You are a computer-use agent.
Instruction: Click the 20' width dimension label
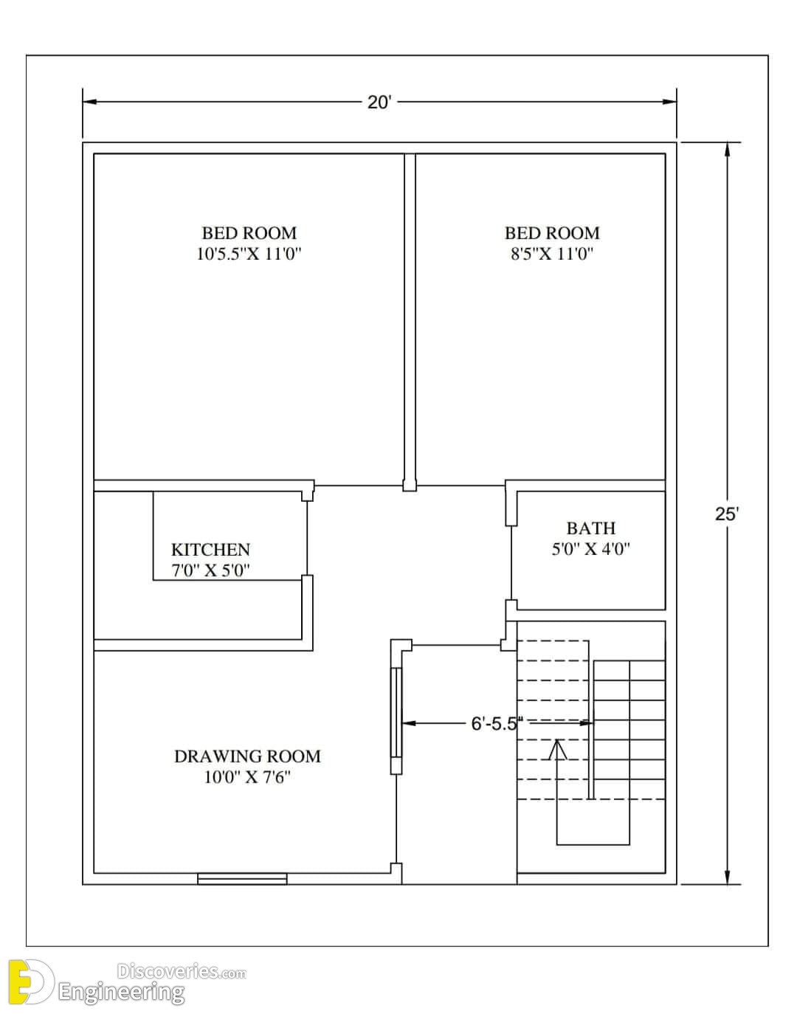[379, 103]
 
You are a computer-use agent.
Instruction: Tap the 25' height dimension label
[727, 514]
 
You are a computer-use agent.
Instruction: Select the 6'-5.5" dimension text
[497, 724]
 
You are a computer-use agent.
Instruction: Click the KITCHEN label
[210, 550]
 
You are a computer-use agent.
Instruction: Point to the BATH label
[591, 528]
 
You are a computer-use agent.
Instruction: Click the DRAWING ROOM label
[247, 756]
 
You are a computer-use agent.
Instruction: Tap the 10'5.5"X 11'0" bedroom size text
[249, 254]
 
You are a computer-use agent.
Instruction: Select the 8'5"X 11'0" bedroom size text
[551, 254]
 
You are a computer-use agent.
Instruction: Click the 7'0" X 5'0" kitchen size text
[210, 570]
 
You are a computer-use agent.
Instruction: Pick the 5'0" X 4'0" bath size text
[591, 549]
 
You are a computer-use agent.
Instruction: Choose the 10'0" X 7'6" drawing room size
[247, 777]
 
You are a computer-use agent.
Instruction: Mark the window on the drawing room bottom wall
[242, 879]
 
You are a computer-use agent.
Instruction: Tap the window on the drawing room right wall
[396, 713]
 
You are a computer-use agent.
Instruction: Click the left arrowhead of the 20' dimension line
[89, 102]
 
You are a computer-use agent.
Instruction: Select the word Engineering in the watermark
[121, 993]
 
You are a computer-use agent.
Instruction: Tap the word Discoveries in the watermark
[168, 971]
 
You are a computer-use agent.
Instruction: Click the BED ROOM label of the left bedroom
[249, 233]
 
